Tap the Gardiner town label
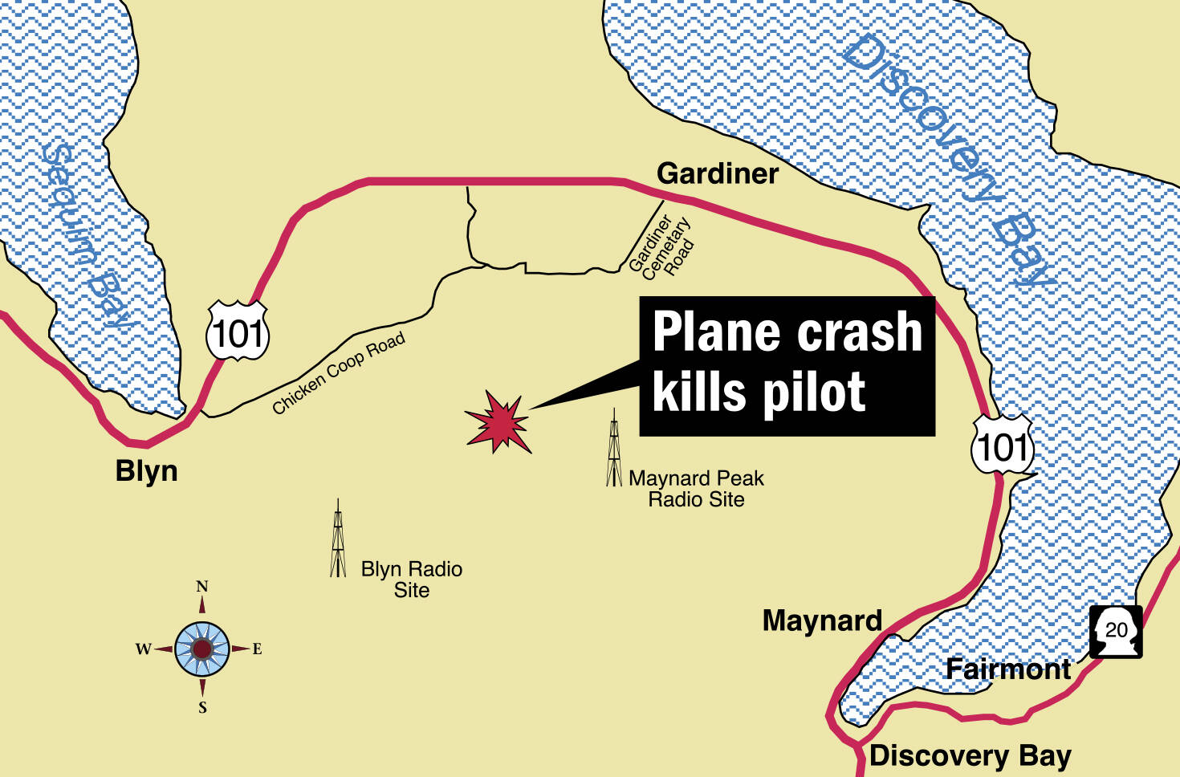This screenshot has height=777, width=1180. [x=717, y=173]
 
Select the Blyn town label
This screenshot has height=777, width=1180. [x=146, y=471]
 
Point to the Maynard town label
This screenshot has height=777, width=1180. [x=821, y=620]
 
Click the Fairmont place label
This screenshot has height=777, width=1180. [x=1007, y=669]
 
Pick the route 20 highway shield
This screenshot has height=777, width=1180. [x=1116, y=631]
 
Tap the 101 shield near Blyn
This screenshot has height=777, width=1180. [x=238, y=332]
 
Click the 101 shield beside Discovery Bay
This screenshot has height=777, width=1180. [x=1003, y=445]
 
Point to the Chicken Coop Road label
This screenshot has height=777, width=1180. [x=338, y=373]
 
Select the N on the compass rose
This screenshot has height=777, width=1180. [x=202, y=587]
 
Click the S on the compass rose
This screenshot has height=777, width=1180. [x=202, y=707]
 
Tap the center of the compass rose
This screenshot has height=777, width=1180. [x=202, y=648]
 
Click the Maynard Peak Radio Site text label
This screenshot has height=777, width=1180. [x=696, y=489]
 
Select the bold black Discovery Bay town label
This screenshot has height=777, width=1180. [x=970, y=755]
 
